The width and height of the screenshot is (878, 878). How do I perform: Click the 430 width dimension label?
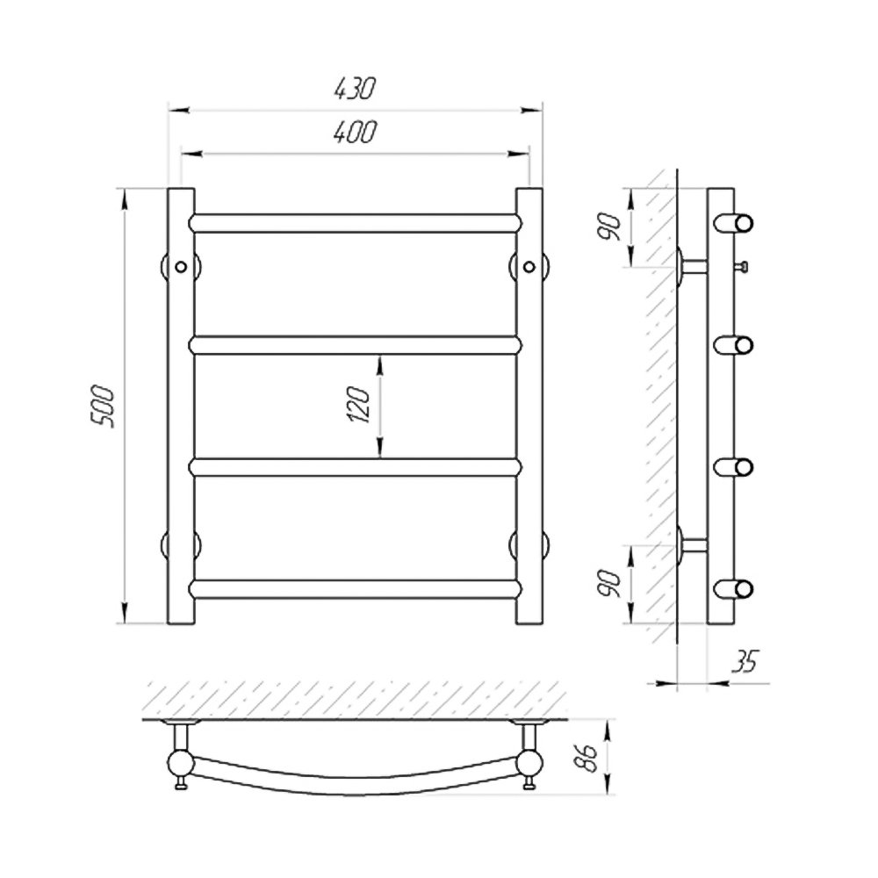click(354, 88)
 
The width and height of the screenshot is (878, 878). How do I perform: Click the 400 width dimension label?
click(355, 132)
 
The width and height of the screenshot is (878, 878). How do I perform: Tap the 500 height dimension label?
click(104, 406)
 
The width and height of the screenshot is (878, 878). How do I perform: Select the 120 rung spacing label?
click(360, 404)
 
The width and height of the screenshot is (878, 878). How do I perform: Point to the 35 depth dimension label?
click(745, 661)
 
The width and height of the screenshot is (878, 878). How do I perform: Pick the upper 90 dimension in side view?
click(611, 227)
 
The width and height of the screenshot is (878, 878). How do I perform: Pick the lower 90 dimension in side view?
click(611, 584)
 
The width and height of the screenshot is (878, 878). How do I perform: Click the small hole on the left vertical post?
click(181, 267)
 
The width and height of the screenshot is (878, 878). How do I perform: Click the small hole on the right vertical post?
click(529, 267)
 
